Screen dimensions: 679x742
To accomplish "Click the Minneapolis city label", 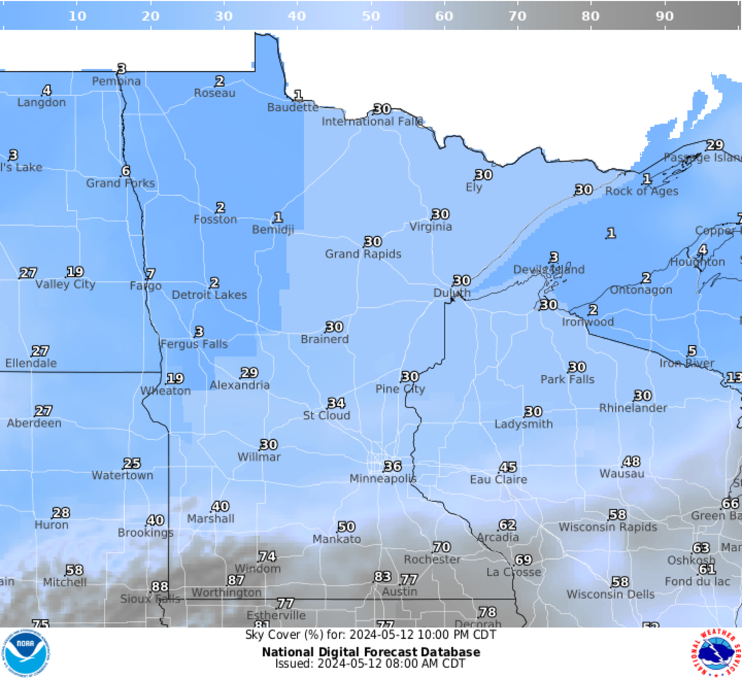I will click(383, 479).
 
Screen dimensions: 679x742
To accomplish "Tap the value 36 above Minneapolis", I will click(393, 466).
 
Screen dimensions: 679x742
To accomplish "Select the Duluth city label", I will click(452, 293).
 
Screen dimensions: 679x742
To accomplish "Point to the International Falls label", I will click(372, 121).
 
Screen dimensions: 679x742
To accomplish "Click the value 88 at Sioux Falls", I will click(160, 586).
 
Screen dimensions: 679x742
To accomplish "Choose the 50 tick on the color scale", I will click(371, 16).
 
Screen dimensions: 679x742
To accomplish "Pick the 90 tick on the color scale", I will click(664, 16).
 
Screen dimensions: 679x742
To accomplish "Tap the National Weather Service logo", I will click(715, 654).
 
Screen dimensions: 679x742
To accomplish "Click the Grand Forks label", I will click(121, 183).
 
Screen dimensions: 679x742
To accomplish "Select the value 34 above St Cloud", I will click(336, 403).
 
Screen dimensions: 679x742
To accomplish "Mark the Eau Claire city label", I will click(498, 479).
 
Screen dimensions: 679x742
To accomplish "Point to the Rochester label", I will click(432, 559).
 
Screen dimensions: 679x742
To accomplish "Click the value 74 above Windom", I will click(267, 557).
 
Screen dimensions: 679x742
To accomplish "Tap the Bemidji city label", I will click(273, 229).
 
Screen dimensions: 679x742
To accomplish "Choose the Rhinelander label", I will click(633, 408).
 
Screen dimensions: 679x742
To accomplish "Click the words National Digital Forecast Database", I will click(371, 652).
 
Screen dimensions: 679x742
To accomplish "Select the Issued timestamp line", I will click(370, 664).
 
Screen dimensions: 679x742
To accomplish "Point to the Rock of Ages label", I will click(641, 191).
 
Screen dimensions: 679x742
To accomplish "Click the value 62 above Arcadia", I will click(507, 525).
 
